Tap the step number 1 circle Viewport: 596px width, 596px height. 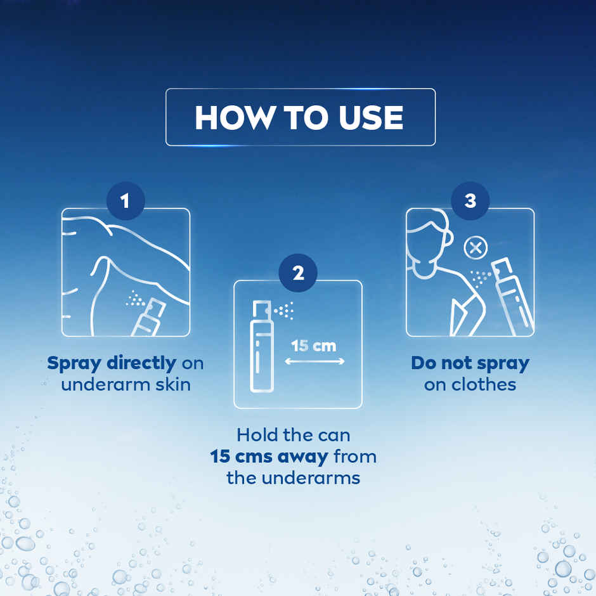click(125, 202)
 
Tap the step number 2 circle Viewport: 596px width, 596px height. click(297, 273)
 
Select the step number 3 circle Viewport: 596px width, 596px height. click(470, 202)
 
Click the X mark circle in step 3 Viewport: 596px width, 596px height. click(474, 247)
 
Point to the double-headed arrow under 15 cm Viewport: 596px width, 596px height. click(314, 361)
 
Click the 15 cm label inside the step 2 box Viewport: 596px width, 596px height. click(314, 346)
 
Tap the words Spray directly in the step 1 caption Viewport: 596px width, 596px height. click(112, 363)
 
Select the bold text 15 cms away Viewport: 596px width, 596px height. click(269, 456)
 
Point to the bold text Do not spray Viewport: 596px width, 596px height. click(470, 363)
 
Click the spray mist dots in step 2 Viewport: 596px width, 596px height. click(286, 311)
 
